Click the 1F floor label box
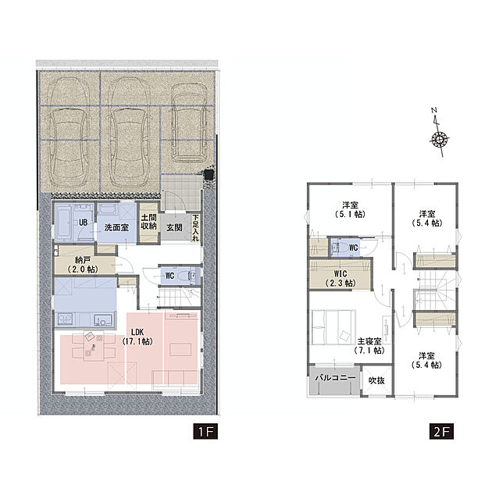(x=205, y=432)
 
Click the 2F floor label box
(x=441, y=432)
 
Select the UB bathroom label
(x=83, y=223)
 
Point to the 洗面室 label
(x=116, y=227)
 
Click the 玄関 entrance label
(x=174, y=227)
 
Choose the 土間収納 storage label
(x=148, y=222)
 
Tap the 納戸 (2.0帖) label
(x=82, y=265)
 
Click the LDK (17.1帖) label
(x=137, y=337)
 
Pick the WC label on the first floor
(x=169, y=276)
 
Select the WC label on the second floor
(x=353, y=248)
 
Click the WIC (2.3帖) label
(x=340, y=278)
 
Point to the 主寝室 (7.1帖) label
(x=369, y=345)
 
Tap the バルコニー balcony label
(x=335, y=377)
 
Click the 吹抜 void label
(x=376, y=380)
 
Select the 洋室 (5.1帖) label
(x=350, y=209)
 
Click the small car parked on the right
(x=189, y=121)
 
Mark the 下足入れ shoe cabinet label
(x=195, y=228)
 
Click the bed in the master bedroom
(x=334, y=327)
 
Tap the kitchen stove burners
(x=64, y=319)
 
